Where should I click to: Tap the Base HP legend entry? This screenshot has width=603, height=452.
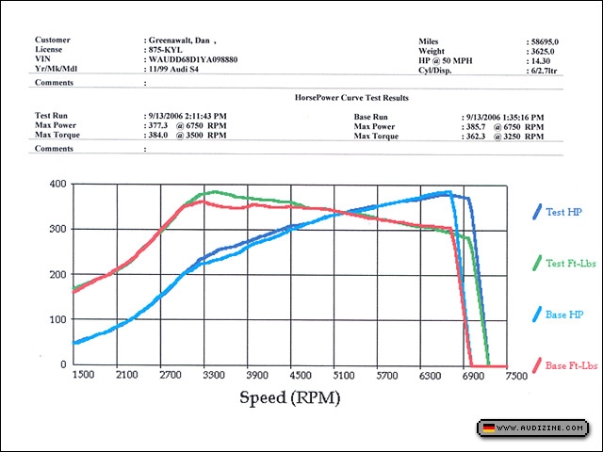563,314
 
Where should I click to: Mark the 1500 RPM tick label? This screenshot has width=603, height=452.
84,375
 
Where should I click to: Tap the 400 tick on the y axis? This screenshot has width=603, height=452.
58,184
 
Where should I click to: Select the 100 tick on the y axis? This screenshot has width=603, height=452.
58,319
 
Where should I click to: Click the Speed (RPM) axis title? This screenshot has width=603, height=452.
289,396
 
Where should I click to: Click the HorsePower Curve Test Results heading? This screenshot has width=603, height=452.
351,98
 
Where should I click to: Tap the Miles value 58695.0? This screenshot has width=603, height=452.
544,42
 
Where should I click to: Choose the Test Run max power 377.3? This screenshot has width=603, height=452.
160,126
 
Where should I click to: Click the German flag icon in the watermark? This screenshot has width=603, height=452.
488,428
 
